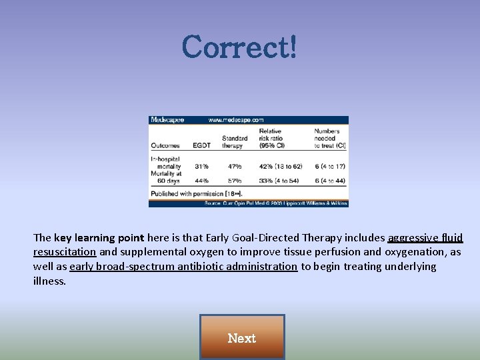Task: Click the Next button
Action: pyautogui.click(x=241, y=337)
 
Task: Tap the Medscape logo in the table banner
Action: pyautogui.click(x=167, y=120)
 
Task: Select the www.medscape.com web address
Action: pyautogui.click(x=236, y=120)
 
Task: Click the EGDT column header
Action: pyautogui.click(x=201, y=145)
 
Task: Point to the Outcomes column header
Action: pyautogui.click(x=165, y=145)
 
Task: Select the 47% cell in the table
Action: pyautogui.click(x=234, y=166)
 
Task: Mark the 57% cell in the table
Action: pyautogui.click(x=234, y=181)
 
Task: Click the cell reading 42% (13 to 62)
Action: pyautogui.click(x=280, y=166)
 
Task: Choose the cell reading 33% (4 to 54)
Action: pyautogui.click(x=280, y=181)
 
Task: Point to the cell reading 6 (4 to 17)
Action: pyautogui.click(x=329, y=166)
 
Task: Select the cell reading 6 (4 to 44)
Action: pyautogui.click(x=329, y=181)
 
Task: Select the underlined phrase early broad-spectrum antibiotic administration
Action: pyautogui.click(x=183, y=267)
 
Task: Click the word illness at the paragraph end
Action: pyautogui.click(x=49, y=281)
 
